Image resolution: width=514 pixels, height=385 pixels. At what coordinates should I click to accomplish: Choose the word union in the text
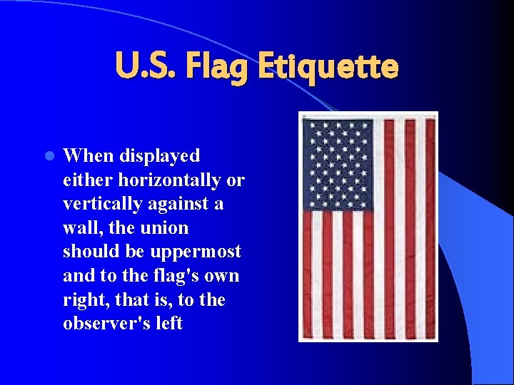click(x=165, y=228)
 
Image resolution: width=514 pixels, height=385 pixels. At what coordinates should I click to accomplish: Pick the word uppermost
click(x=196, y=252)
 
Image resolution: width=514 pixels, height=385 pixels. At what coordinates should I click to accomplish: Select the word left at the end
click(x=167, y=323)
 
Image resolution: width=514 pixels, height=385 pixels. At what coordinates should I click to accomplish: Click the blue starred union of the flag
click(x=337, y=164)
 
